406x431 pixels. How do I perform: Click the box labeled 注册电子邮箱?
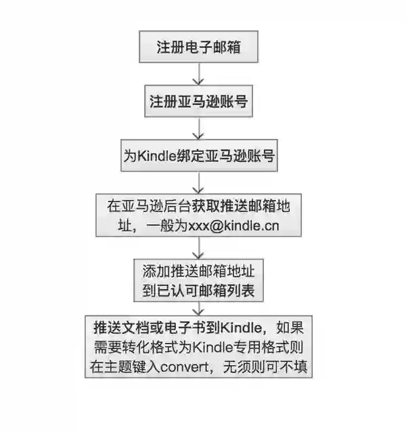click(x=198, y=48)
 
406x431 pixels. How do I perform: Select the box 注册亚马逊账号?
click(x=198, y=102)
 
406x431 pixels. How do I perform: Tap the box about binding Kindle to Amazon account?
click(x=198, y=156)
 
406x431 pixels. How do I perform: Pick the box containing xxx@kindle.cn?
click(x=198, y=215)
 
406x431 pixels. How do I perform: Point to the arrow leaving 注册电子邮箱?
click(x=198, y=73)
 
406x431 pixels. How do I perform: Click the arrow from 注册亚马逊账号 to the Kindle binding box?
click(x=198, y=127)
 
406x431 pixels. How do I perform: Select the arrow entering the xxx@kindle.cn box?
click(x=198, y=182)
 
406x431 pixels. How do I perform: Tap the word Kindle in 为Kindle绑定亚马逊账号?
click(x=155, y=157)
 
